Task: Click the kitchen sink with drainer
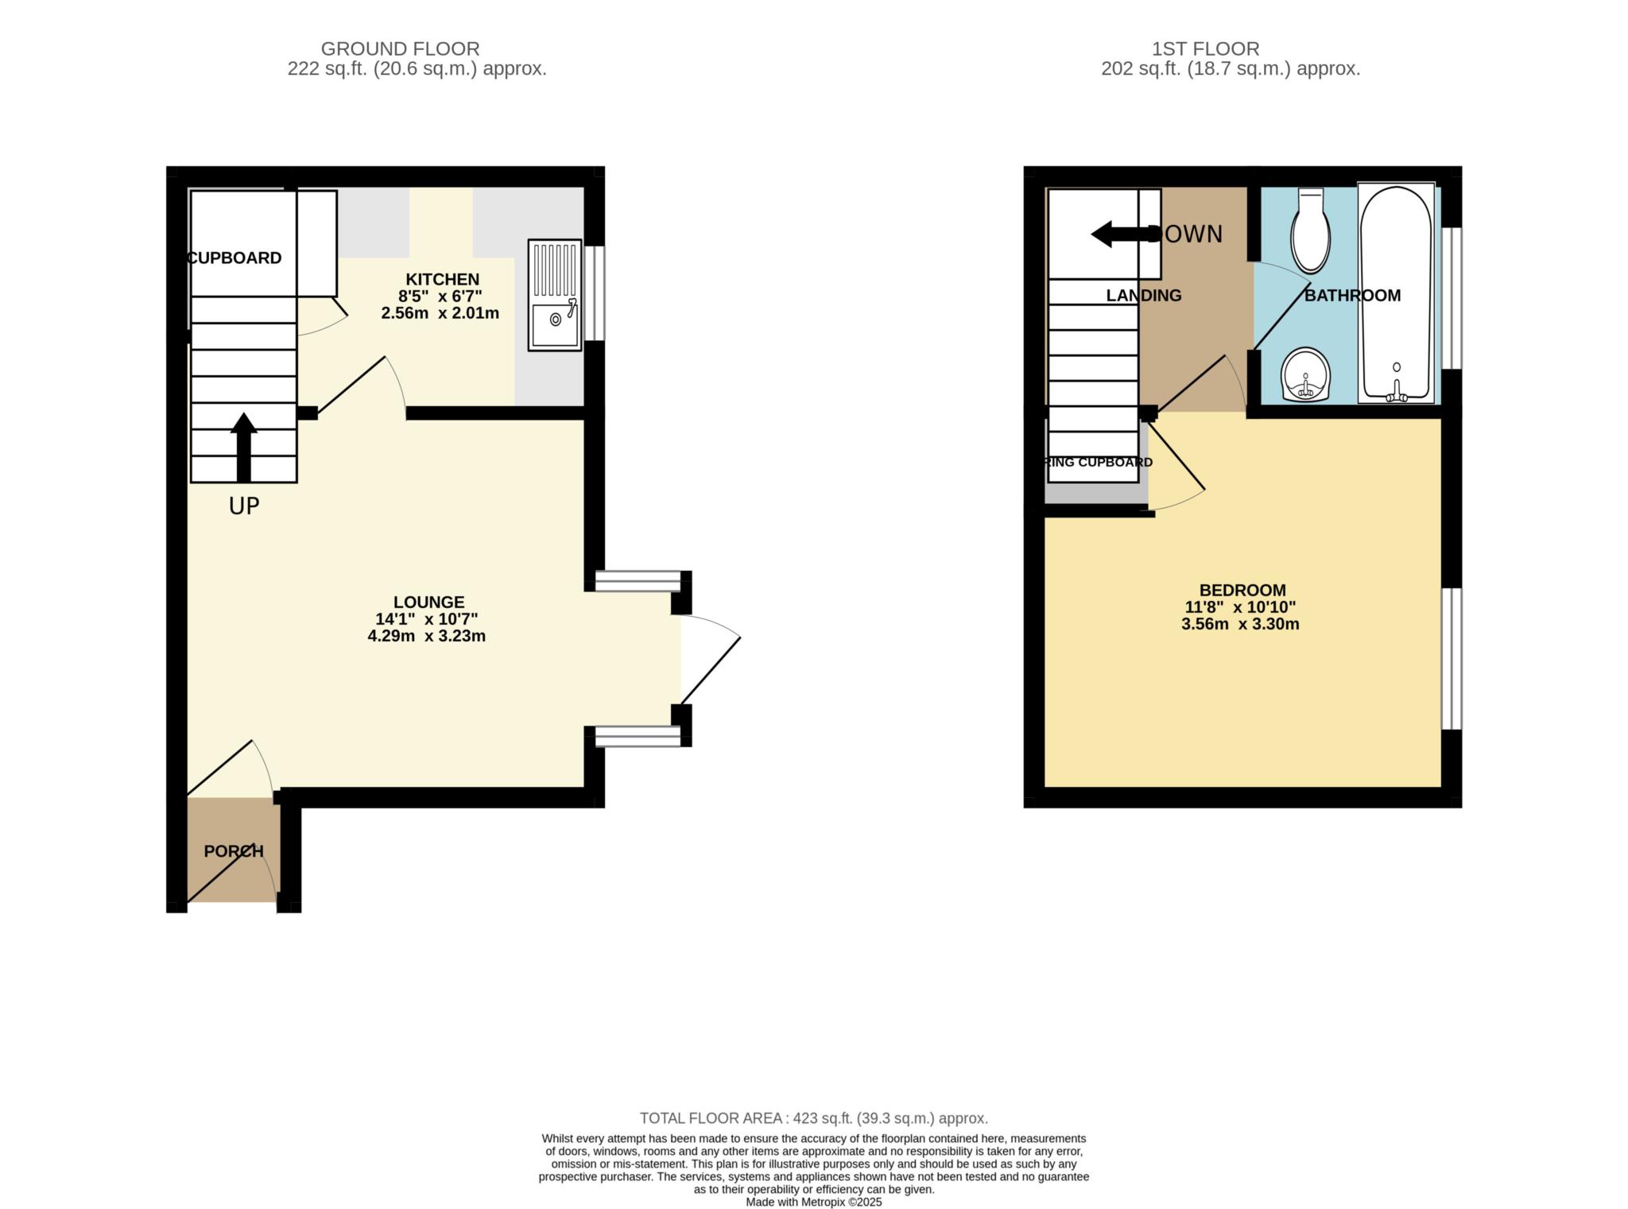click(555, 296)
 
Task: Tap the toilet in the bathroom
click(1310, 231)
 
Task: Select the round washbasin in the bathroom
click(1305, 376)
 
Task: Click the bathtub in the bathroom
click(1396, 293)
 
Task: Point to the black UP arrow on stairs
click(243, 447)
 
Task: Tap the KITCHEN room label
click(443, 279)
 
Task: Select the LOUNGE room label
click(428, 603)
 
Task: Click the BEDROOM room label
click(1242, 591)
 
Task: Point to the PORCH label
click(233, 851)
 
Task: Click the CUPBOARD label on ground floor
click(235, 258)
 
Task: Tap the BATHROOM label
click(1351, 296)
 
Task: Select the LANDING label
click(1143, 296)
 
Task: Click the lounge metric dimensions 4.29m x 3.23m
click(426, 636)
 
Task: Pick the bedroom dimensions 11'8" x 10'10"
click(1240, 607)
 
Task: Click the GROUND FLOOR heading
click(400, 49)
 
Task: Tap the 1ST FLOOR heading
click(1205, 49)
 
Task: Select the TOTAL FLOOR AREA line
click(813, 1118)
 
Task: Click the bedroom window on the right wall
click(1451, 658)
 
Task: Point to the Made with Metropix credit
click(813, 1202)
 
